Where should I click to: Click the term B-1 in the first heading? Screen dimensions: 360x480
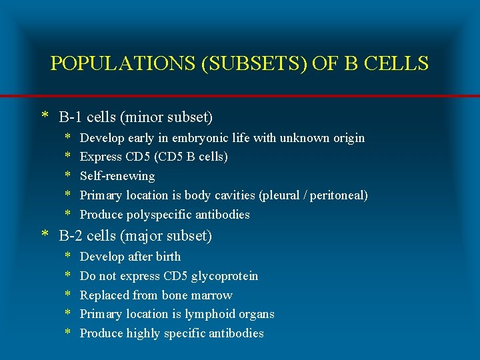tap(70, 117)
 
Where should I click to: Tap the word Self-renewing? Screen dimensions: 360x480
tap(117, 176)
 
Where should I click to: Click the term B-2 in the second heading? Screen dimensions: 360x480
tap(71, 236)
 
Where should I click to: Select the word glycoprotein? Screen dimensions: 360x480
tap(225, 276)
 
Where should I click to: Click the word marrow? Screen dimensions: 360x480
tap(211, 295)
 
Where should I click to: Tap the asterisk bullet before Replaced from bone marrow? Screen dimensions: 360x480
tap(68, 296)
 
